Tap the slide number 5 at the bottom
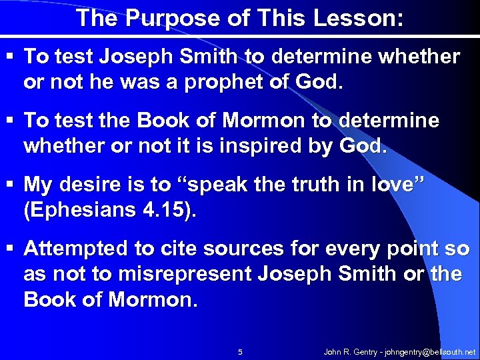pyautogui.click(x=240, y=351)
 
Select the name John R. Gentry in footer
pyautogui.click(x=348, y=351)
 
